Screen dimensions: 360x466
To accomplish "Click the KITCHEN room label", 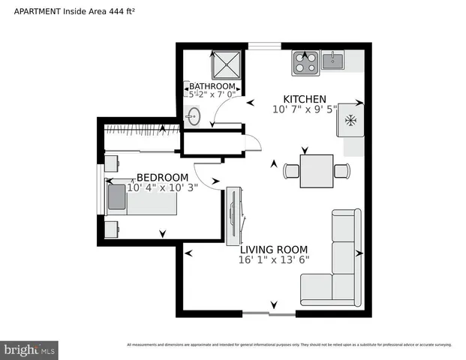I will [304, 99].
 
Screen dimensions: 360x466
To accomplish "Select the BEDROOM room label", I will [161, 178].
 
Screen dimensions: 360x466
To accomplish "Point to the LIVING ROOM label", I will [273, 250].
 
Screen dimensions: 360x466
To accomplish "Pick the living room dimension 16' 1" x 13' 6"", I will [273, 260].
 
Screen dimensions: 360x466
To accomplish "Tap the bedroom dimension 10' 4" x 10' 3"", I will [161, 188].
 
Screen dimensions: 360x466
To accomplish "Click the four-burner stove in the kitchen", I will [304, 62].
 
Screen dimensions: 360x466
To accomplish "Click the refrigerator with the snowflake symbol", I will [350, 121].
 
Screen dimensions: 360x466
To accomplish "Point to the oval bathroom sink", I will [194, 116].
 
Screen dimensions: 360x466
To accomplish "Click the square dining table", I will [317, 171].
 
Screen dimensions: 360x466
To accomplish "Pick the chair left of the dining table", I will [291, 171].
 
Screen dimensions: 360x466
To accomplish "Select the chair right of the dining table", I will [341, 171].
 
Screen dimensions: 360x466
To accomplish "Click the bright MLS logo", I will [30, 349].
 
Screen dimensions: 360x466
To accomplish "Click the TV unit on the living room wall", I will [233, 213].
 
